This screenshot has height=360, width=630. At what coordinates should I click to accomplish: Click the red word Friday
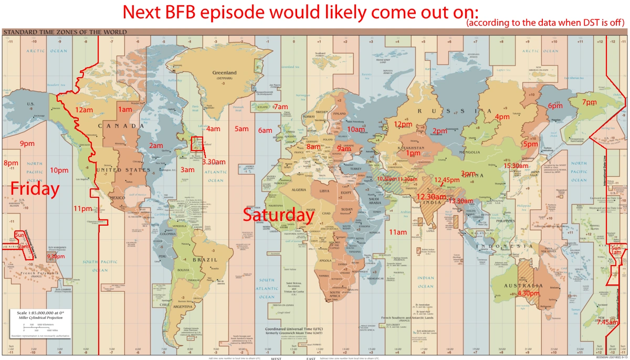pos(35,188)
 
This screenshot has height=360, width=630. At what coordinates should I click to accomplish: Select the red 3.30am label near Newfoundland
pos(214,162)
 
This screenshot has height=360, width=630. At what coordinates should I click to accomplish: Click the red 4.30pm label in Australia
pos(529,293)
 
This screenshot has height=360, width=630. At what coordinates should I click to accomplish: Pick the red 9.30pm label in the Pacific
pos(56,256)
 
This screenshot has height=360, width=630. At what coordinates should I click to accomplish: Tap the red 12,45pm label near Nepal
pos(447,179)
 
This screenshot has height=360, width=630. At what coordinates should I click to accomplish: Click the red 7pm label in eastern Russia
pos(589,102)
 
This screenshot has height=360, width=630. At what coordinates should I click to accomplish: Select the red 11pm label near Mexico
pos(82,208)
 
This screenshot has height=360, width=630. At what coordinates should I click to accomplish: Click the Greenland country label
pos(224,73)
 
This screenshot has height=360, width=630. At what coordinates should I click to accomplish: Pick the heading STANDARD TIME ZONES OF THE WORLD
pos(65,32)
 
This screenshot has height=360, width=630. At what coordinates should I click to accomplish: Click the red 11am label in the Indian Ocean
pos(398,232)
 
